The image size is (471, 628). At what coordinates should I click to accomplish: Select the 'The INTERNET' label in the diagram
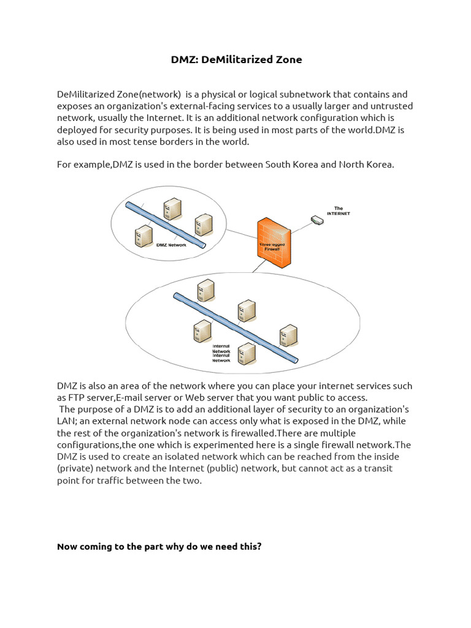coord(338,211)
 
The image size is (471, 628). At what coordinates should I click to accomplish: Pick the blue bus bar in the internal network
coord(235,327)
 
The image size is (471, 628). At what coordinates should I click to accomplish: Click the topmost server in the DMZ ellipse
coord(172,209)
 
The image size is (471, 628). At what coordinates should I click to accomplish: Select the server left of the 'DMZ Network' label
coord(144,235)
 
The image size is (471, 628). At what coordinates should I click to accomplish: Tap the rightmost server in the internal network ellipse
coord(288,334)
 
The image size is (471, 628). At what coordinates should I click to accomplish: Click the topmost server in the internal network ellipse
coord(205,289)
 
